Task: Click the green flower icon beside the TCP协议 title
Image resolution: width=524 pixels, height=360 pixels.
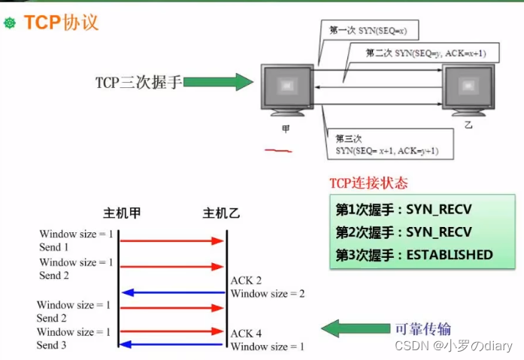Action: (x=10, y=23)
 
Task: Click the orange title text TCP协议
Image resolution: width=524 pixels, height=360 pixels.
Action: (x=61, y=23)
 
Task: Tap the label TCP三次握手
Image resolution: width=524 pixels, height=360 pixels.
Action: (x=138, y=82)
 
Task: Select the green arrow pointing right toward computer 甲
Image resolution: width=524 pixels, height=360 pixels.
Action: (x=218, y=82)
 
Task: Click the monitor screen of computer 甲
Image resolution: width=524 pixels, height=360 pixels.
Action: (x=287, y=86)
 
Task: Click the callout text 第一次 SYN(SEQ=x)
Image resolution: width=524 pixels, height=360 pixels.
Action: (x=368, y=31)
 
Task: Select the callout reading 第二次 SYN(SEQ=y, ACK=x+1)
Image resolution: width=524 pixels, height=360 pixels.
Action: (x=426, y=53)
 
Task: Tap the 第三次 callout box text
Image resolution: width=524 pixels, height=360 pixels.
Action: (x=386, y=145)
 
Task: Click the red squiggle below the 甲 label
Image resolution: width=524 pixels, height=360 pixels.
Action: (x=278, y=151)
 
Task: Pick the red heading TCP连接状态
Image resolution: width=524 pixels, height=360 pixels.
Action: (x=368, y=183)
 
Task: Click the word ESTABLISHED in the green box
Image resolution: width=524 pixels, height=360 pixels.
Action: (x=450, y=255)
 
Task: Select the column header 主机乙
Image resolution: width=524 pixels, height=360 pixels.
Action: (x=221, y=213)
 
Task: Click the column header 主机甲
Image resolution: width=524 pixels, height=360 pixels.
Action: (x=122, y=213)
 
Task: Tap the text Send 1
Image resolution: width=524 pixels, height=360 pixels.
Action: (x=54, y=247)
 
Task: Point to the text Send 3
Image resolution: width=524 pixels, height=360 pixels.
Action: (x=51, y=345)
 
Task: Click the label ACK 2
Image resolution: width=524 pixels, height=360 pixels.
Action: (x=246, y=280)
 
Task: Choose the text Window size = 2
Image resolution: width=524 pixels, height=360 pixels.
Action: (x=268, y=294)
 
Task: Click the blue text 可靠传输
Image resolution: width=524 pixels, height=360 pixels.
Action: (x=423, y=329)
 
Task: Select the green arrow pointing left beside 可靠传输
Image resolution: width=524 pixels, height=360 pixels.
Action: (x=356, y=328)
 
